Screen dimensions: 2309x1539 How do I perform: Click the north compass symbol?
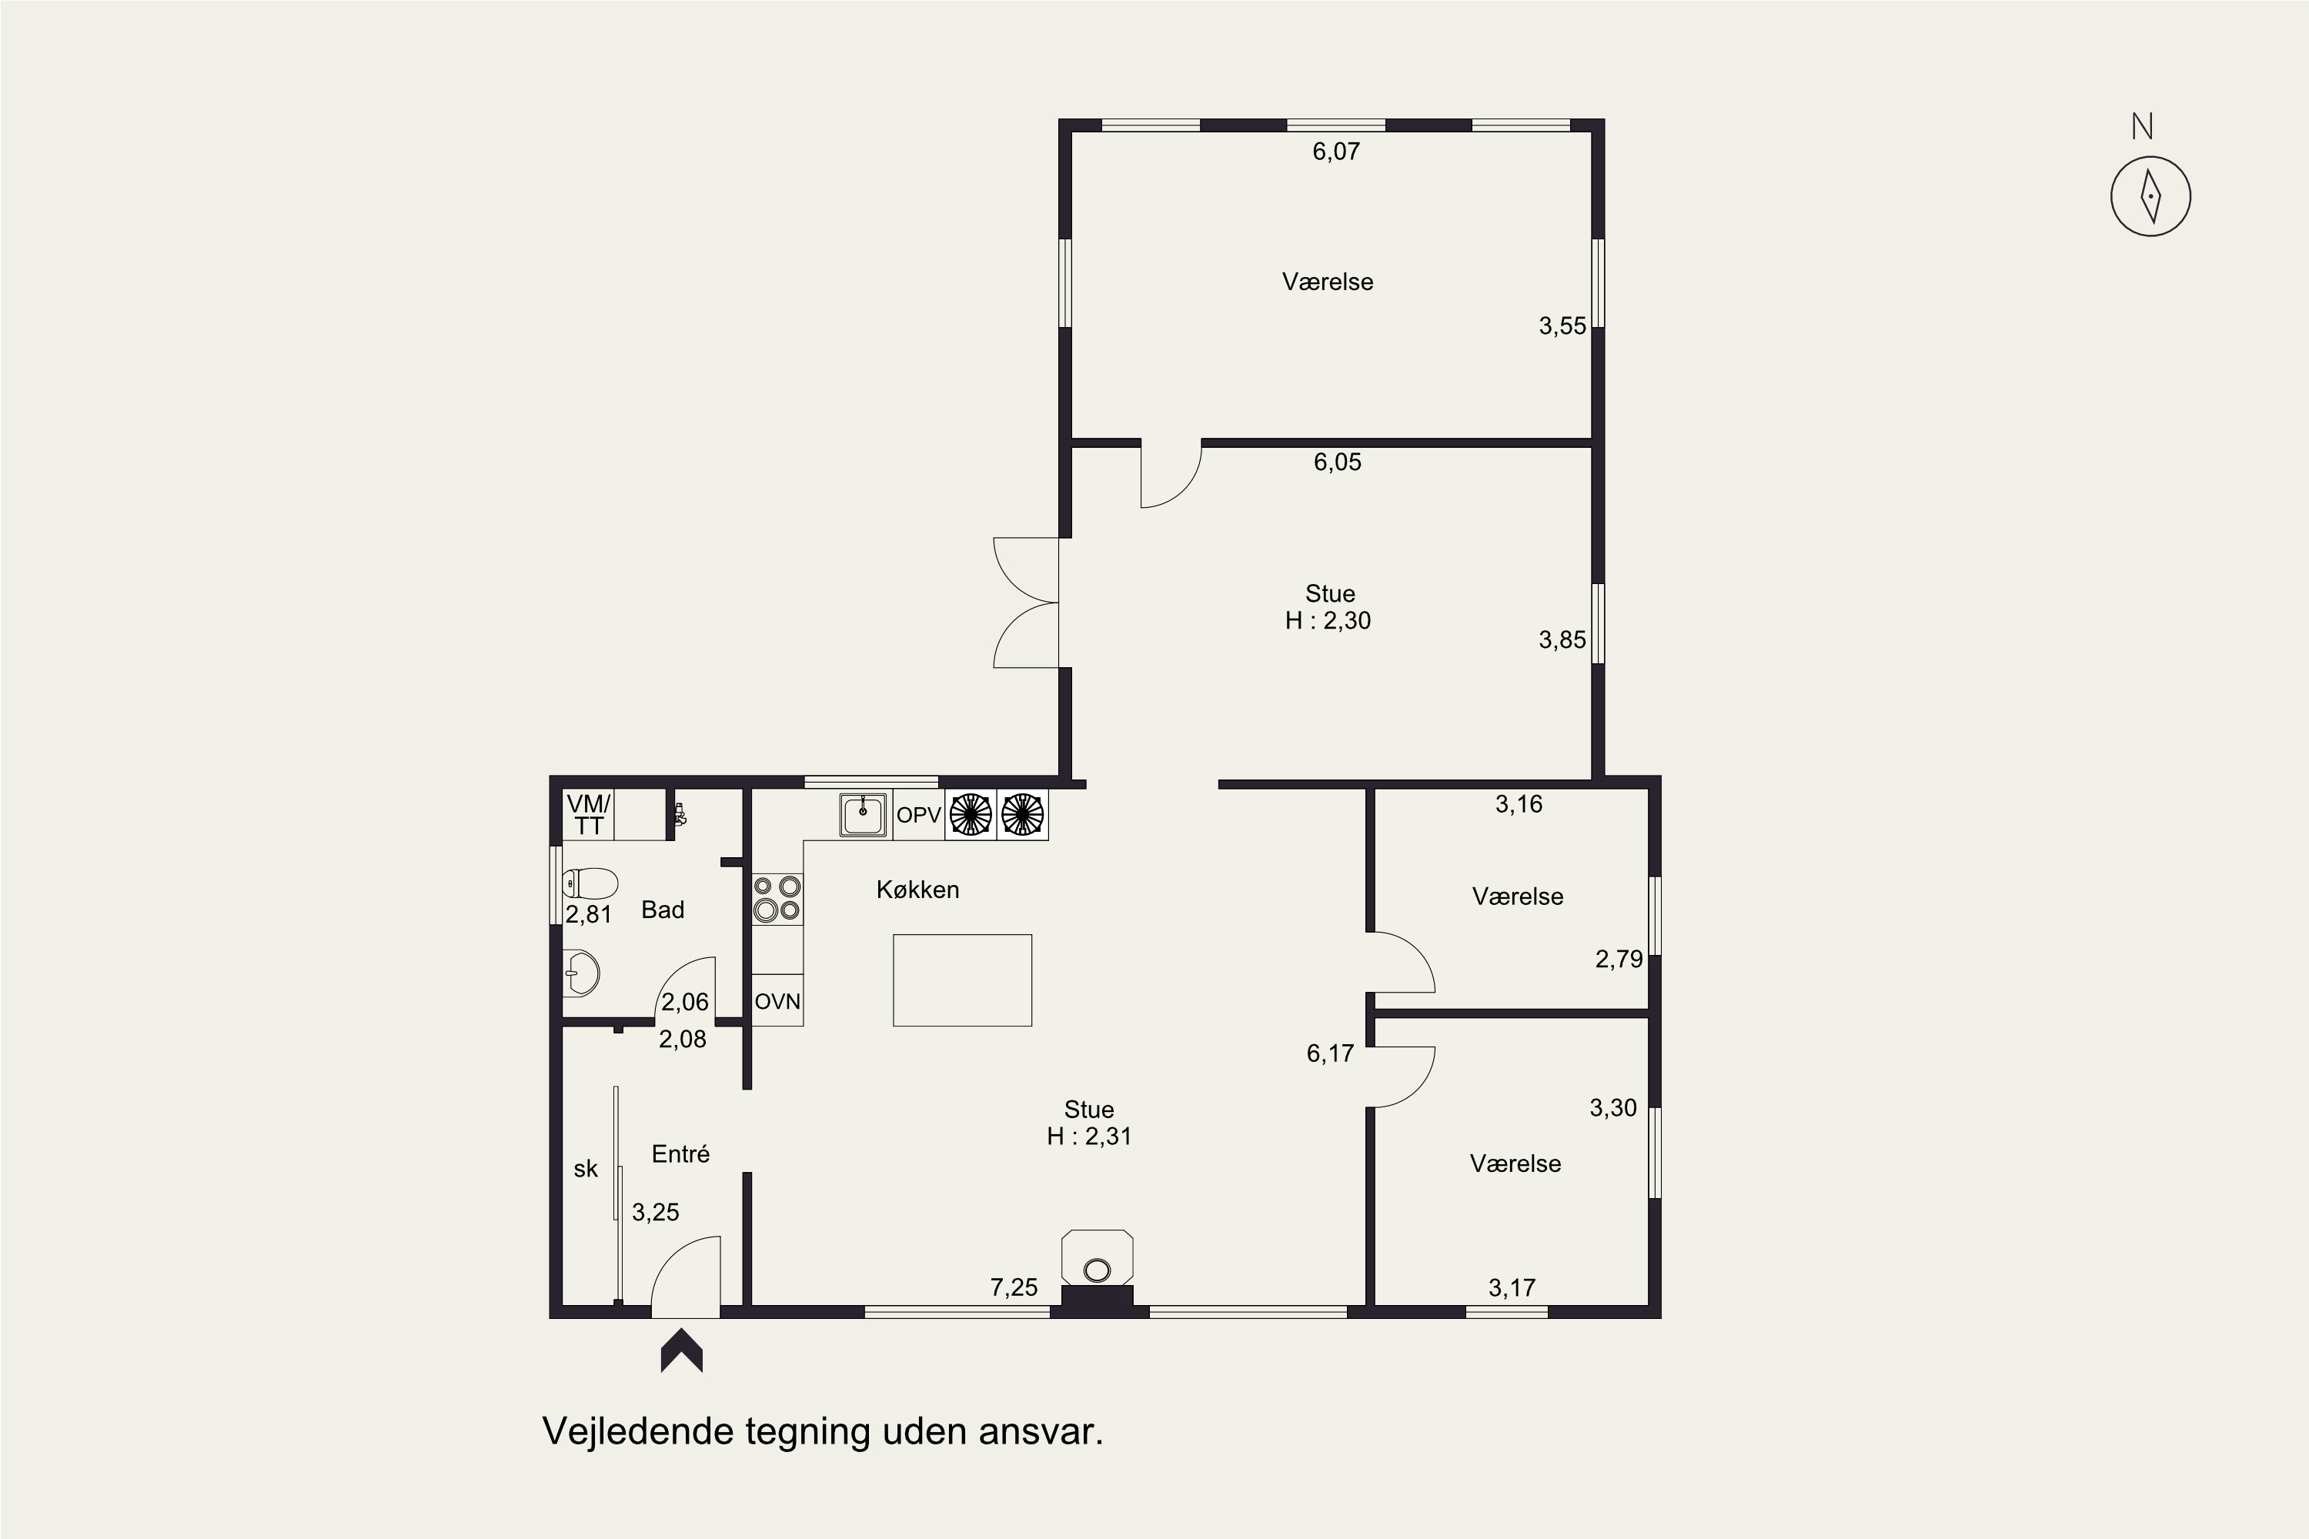(x=2150, y=195)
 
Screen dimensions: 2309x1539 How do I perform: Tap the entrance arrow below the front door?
(x=681, y=1350)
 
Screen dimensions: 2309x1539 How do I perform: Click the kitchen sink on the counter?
(x=863, y=815)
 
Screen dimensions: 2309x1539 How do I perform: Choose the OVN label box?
(x=777, y=1001)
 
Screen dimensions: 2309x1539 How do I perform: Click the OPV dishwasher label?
(x=919, y=815)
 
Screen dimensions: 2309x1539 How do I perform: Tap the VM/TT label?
(x=588, y=815)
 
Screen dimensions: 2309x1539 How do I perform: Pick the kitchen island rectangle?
(x=962, y=980)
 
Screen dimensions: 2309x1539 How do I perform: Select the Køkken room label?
(x=918, y=890)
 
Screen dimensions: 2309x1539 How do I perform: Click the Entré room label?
(x=680, y=1153)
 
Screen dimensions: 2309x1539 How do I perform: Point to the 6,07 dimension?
(x=1336, y=151)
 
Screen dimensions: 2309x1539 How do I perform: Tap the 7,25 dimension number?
(x=1014, y=1287)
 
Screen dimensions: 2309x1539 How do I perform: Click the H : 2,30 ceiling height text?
(x=1328, y=620)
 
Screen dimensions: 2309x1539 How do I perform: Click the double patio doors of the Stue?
(x=1026, y=603)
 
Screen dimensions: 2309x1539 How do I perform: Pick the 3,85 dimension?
(x=1562, y=640)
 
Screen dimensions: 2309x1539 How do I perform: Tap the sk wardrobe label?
(x=586, y=1168)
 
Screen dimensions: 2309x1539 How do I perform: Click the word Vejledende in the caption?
(x=638, y=1431)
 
